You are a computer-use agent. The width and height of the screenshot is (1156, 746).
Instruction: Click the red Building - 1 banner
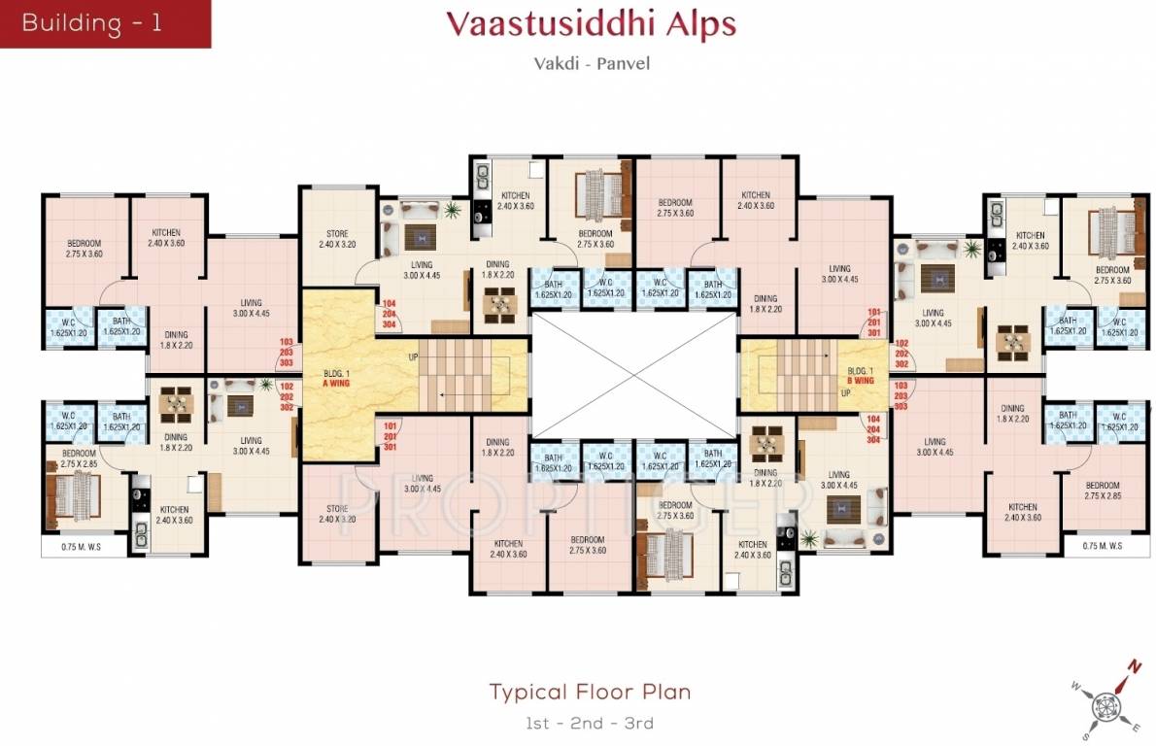[x=104, y=23]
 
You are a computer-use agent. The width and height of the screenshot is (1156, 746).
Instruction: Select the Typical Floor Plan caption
[x=590, y=692]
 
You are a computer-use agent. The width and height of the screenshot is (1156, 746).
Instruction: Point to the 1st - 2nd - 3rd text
[x=589, y=723]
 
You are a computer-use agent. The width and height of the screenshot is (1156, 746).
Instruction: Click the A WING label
[x=338, y=383]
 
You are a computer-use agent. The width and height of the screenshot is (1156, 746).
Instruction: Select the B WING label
[x=861, y=382]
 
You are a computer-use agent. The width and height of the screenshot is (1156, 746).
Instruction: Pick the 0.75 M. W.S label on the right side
[x=1103, y=546]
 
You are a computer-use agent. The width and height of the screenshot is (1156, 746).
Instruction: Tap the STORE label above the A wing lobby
[x=336, y=239]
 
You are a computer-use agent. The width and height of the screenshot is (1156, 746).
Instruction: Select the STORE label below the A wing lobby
[x=337, y=514]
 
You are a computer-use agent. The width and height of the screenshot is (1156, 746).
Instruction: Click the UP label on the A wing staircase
[x=413, y=358]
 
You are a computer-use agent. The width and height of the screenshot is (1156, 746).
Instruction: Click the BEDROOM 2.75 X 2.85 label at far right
[x=1103, y=491]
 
